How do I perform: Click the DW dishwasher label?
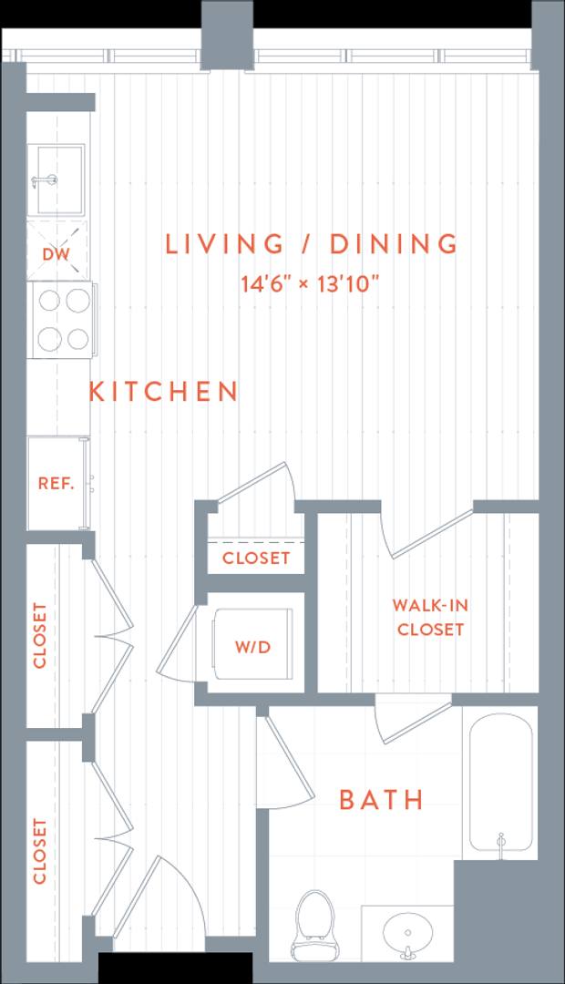(56, 254)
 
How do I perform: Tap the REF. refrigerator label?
(56, 483)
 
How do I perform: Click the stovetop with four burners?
(61, 320)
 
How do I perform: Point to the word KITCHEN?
(163, 391)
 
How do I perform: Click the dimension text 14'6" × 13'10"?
(312, 283)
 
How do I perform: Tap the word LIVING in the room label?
(225, 243)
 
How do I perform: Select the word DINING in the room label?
(394, 243)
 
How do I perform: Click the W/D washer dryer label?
(253, 647)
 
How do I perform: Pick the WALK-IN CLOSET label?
(431, 617)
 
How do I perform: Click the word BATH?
(381, 800)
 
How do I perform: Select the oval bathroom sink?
(407, 933)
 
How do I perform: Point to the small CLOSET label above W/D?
(256, 558)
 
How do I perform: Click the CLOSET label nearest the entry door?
(39, 851)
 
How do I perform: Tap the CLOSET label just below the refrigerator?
(39, 635)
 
